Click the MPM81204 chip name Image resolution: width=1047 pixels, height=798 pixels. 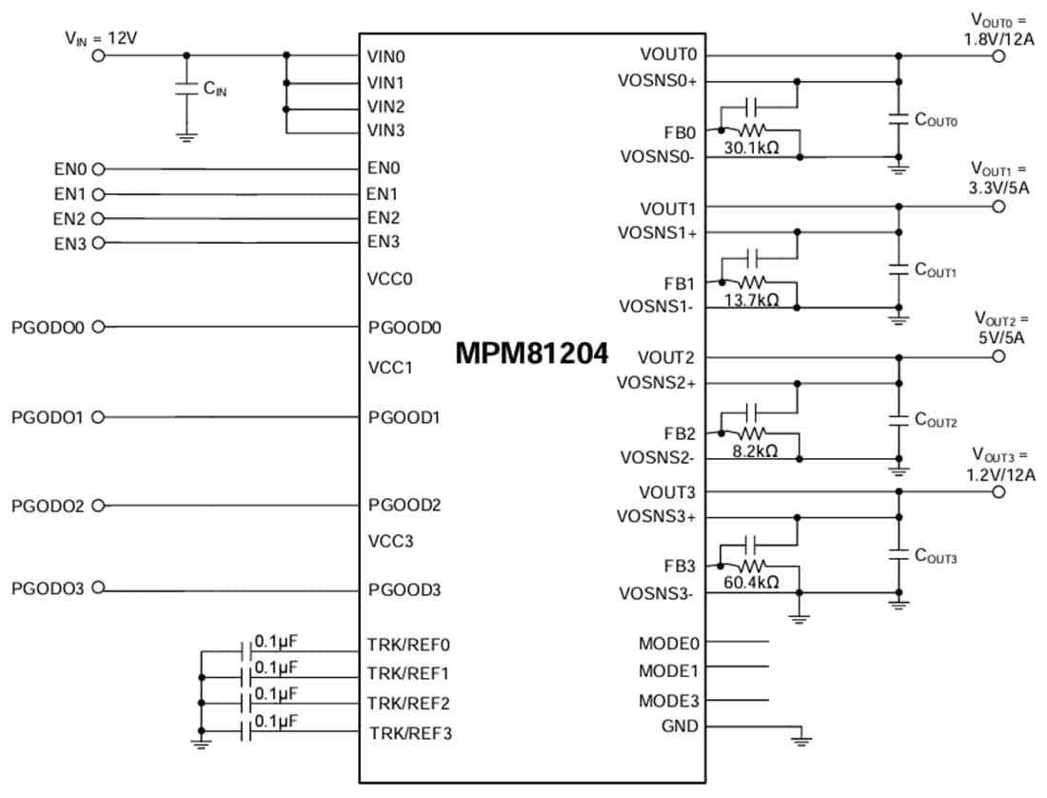click(532, 354)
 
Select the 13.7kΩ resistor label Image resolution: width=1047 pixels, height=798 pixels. click(752, 299)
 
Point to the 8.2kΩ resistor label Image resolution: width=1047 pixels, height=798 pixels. click(752, 450)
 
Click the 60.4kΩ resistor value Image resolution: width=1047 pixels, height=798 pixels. click(752, 583)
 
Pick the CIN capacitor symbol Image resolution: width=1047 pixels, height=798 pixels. click(187, 90)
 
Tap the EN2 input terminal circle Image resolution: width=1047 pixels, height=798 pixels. click(97, 218)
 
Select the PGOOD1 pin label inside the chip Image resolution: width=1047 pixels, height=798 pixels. click(404, 417)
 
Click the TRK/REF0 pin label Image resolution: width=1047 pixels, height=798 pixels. click(408, 643)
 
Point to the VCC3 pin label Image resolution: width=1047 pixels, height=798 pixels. click(391, 541)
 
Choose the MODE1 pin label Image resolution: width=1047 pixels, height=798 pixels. click(668, 670)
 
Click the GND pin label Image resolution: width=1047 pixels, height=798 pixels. click(680, 727)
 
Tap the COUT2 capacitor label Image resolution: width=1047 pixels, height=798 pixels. click(936, 420)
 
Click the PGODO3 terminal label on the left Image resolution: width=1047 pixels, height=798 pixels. click(48, 589)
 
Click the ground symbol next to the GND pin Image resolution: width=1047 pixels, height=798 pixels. click(801, 737)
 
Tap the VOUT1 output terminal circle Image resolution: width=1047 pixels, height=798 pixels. click(998, 207)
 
